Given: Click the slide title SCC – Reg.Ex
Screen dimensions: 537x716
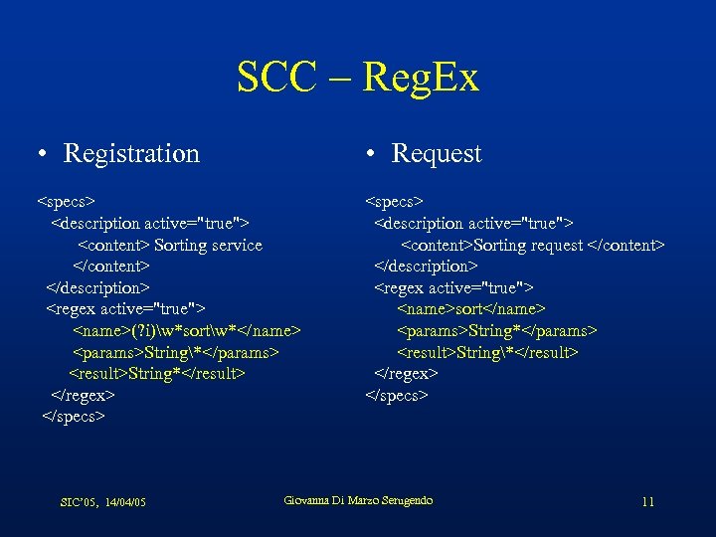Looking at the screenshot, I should tap(358, 78).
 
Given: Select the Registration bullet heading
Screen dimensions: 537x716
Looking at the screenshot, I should tap(130, 153).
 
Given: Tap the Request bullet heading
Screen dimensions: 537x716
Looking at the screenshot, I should tap(436, 153).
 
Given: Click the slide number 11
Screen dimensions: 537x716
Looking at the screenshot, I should tap(647, 501).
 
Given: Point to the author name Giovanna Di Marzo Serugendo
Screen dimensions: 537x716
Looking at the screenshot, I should tap(358, 500).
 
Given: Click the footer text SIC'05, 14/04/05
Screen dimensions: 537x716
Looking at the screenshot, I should tap(103, 502).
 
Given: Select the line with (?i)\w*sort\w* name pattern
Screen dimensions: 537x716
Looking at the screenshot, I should tap(186, 330).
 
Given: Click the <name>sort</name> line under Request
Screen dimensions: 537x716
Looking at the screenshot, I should tap(471, 309).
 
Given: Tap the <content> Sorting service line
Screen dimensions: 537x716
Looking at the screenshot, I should tap(170, 245).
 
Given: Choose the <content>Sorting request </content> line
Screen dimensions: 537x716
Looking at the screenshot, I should tap(532, 245).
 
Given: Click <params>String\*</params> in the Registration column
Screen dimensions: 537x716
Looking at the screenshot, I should tap(175, 352).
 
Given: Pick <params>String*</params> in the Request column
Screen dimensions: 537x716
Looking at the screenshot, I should tap(496, 330).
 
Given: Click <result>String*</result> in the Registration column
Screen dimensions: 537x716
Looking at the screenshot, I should tap(156, 373).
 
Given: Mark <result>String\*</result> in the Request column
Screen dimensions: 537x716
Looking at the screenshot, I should tap(487, 352).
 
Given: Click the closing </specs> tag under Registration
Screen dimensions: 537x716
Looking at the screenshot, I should tap(74, 416).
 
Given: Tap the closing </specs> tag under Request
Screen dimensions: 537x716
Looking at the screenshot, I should tap(397, 395).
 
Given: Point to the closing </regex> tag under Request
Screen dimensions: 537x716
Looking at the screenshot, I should tap(406, 373).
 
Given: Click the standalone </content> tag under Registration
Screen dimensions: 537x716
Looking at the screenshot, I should tap(111, 266).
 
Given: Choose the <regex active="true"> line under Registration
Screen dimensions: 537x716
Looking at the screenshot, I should tap(125, 309).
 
